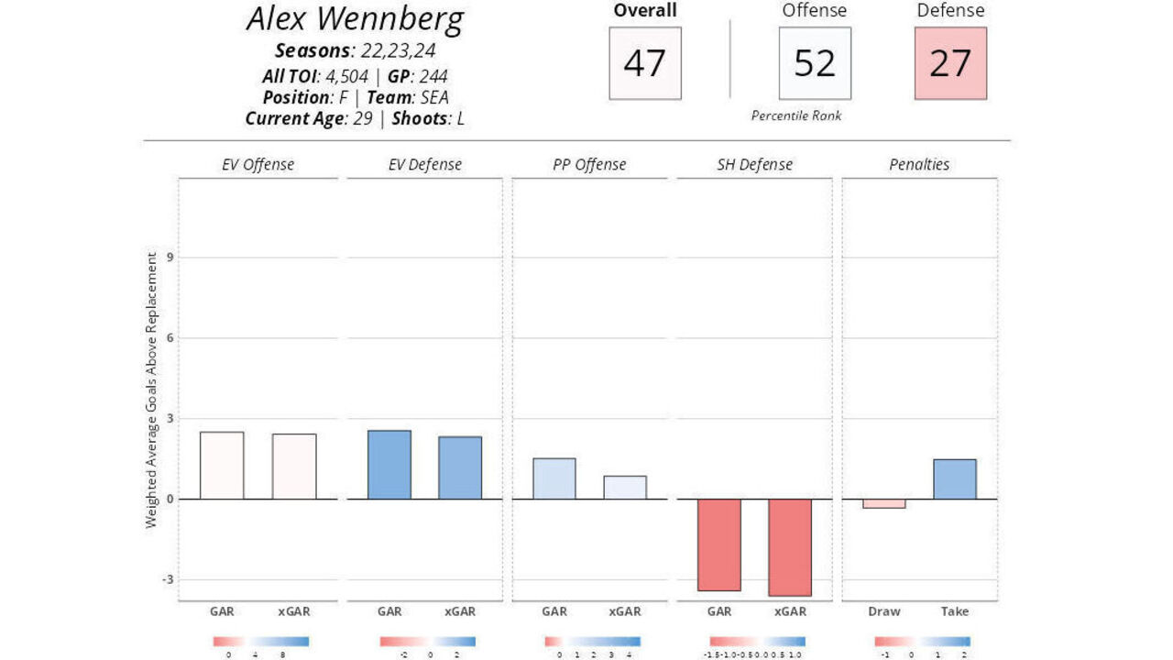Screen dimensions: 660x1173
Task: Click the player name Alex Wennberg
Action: coord(355,20)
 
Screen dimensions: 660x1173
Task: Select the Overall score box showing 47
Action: coord(645,63)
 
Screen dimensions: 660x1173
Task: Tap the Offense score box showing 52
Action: coord(815,63)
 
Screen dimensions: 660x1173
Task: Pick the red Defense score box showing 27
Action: coord(950,63)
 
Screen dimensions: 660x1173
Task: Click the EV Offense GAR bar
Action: coord(222,466)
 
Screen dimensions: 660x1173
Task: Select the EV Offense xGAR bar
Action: coord(294,467)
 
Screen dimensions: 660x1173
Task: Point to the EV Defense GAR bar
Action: coord(389,465)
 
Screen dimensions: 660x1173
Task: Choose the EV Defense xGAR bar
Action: coord(460,467)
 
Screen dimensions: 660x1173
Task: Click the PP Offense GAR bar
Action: coord(554,478)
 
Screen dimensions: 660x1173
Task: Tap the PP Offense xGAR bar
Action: coord(625,488)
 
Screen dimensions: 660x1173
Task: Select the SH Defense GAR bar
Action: coord(718,544)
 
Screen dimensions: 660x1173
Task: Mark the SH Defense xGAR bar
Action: coord(790,547)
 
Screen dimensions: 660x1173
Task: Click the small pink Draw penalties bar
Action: coord(883,503)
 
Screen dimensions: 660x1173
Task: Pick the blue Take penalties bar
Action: coord(955,479)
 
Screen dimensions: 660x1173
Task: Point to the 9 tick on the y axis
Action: coord(170,258)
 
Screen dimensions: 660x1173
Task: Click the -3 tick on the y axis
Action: coord(169,579)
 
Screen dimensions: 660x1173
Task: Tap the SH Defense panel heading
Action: coord(754,165)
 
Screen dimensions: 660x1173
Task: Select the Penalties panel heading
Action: coord(919,165)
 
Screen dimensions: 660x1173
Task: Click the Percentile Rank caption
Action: coord(795,115)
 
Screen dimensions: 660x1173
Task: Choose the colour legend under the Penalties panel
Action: coord(922,642)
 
